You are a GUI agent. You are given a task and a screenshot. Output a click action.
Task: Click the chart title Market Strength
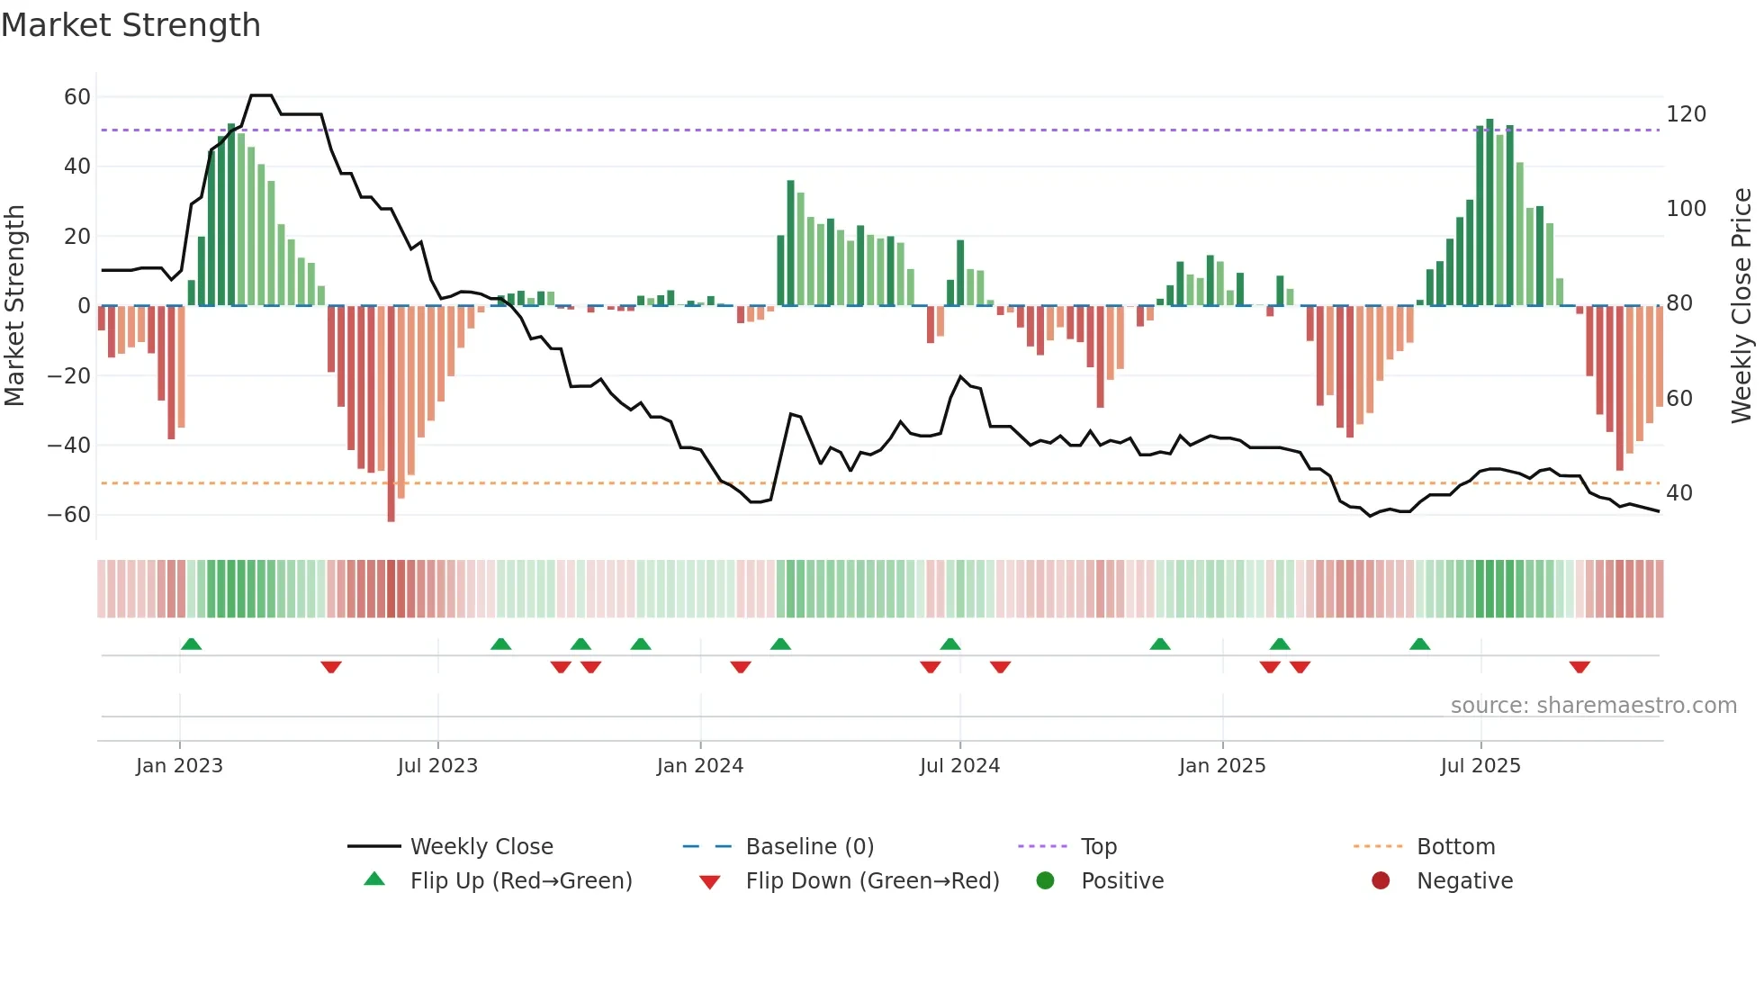point(130,25)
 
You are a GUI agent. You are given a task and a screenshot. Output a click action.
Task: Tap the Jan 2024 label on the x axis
point(699,766)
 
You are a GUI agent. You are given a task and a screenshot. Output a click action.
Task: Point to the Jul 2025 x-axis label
point(1480,766)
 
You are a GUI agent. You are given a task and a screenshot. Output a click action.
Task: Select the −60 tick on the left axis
point(68,515)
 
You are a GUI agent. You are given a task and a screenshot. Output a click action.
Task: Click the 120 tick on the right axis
point(1686,114)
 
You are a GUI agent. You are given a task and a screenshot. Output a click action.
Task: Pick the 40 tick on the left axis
point(76,167)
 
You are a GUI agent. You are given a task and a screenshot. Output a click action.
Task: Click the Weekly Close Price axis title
point(1741,306)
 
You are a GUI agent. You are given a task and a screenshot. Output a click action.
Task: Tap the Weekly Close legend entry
point(481,847)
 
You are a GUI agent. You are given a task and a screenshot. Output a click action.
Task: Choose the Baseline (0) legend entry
point(809,847)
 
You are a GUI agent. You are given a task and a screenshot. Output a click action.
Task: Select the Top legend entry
point(1098,847)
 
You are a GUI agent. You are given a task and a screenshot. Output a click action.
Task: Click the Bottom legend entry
point(1455,847)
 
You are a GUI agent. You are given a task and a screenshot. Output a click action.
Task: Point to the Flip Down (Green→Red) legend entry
point(871,881)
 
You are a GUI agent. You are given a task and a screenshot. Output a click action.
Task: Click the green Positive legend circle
point(1045,880)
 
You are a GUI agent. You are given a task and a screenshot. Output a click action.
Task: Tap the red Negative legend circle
point(1381,880)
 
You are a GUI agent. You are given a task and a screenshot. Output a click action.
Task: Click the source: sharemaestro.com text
point(1593,706)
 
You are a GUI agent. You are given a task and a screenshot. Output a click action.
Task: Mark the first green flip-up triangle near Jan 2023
point(191,645)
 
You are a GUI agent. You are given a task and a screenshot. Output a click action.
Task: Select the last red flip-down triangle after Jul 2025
point(1579,667)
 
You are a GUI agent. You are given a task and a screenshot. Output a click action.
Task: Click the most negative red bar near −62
point(391,414)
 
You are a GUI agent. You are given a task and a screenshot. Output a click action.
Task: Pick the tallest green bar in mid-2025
point(1489,212)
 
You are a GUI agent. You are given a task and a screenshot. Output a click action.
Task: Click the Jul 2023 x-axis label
point(437,766)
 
